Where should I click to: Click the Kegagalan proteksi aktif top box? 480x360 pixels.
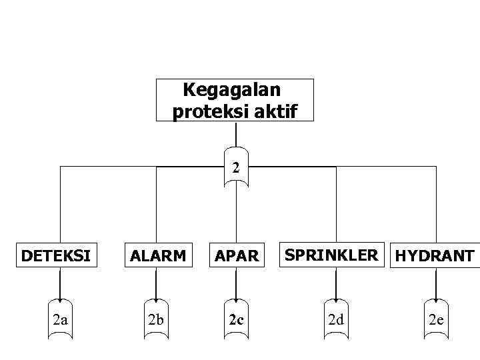[234, 100]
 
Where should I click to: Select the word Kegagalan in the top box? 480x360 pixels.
[231, 89]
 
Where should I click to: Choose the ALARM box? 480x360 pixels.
[157, 255]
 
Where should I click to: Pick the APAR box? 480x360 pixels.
[235, 255]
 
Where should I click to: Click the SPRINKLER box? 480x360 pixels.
[335, 255]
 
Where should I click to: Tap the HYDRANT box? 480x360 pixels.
[435, 255]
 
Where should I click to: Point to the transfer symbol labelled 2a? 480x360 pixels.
[61, 319]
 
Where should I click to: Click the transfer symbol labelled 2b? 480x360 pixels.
[157, 319]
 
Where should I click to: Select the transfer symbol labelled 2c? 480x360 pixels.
[236, 319]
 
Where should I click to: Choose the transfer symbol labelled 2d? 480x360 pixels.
[335, 319]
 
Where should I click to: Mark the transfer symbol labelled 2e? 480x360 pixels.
[437, 319]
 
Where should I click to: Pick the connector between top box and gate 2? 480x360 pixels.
[236, 133]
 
